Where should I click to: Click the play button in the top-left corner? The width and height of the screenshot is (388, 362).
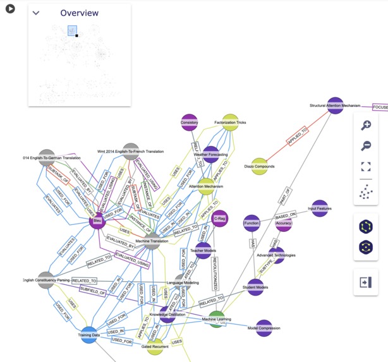pyautogui.click(x=10, y=9)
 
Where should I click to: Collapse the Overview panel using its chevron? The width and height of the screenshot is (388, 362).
pyautogui.click(x=36, y=13)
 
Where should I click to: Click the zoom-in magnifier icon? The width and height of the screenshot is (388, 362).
pyautogui.click(x=365, y=126)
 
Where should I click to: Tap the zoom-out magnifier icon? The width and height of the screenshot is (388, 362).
pyautogui.click(x=365, y=147)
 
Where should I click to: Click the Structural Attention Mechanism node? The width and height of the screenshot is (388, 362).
pyautogui.click(x=335, y=106)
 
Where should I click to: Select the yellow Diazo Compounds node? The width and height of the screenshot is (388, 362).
pyautogui.click(x=260, y=167)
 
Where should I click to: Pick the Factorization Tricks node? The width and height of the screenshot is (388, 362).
pyautogui.click(x=229, y=123)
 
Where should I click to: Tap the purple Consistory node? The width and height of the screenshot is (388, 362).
pyautogui.click(x=190, y=123)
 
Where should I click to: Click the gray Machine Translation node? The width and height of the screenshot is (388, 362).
pyautogui.click(x=151, y=241)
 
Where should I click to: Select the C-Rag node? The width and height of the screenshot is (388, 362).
pyautogui.click(x=220, y=219)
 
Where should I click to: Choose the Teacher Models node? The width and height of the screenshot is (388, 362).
pyautogui.click(x=203, y=251)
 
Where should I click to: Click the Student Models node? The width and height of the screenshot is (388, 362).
pyautogui.click(x=255, y=287)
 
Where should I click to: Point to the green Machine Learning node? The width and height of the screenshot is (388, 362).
pyautogui.click(x=217, y=319)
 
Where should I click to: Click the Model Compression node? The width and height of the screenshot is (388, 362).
pyautogui.click(x=264, y=328)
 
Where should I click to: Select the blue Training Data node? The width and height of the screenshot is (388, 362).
pyautogui.click(x=89, y=335)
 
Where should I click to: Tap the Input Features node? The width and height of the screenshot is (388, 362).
pyautogui.click(x=320, y=208)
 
